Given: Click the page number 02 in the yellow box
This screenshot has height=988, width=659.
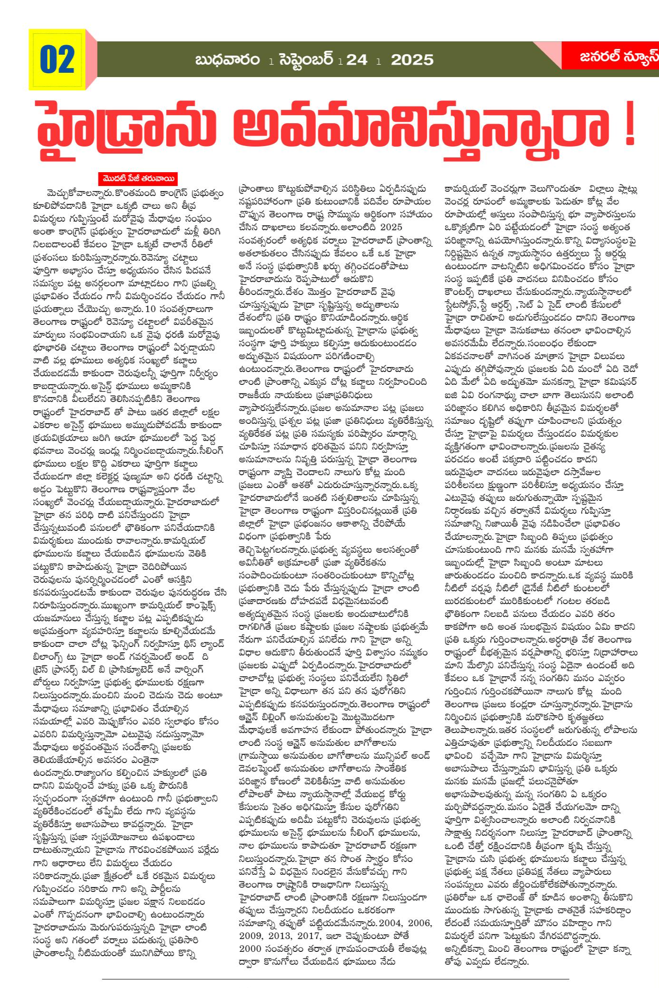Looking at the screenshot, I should tap(57, 60).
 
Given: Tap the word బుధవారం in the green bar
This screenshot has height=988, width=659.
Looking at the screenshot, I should tap(227, 60).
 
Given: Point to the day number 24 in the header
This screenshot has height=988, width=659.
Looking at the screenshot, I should tap(357, 60).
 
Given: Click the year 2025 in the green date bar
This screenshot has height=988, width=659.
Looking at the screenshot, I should tap(412, 60).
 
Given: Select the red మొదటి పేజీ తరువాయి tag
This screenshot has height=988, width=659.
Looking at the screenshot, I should tap(138, 179).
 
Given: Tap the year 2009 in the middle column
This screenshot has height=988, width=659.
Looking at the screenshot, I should tap(253, 936).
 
